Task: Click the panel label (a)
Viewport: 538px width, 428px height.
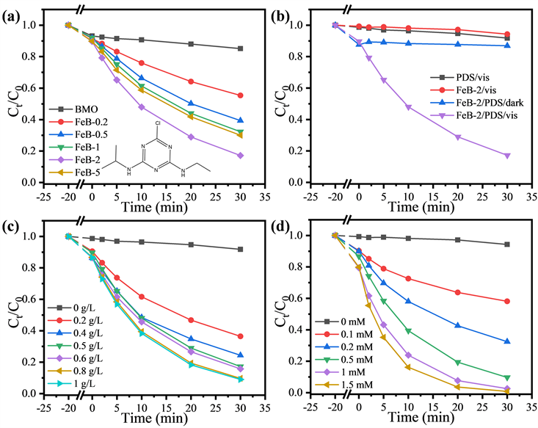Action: (14, 10)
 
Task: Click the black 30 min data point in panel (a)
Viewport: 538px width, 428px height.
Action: (240, 48)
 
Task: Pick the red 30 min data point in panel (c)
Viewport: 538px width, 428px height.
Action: (240, 336)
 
